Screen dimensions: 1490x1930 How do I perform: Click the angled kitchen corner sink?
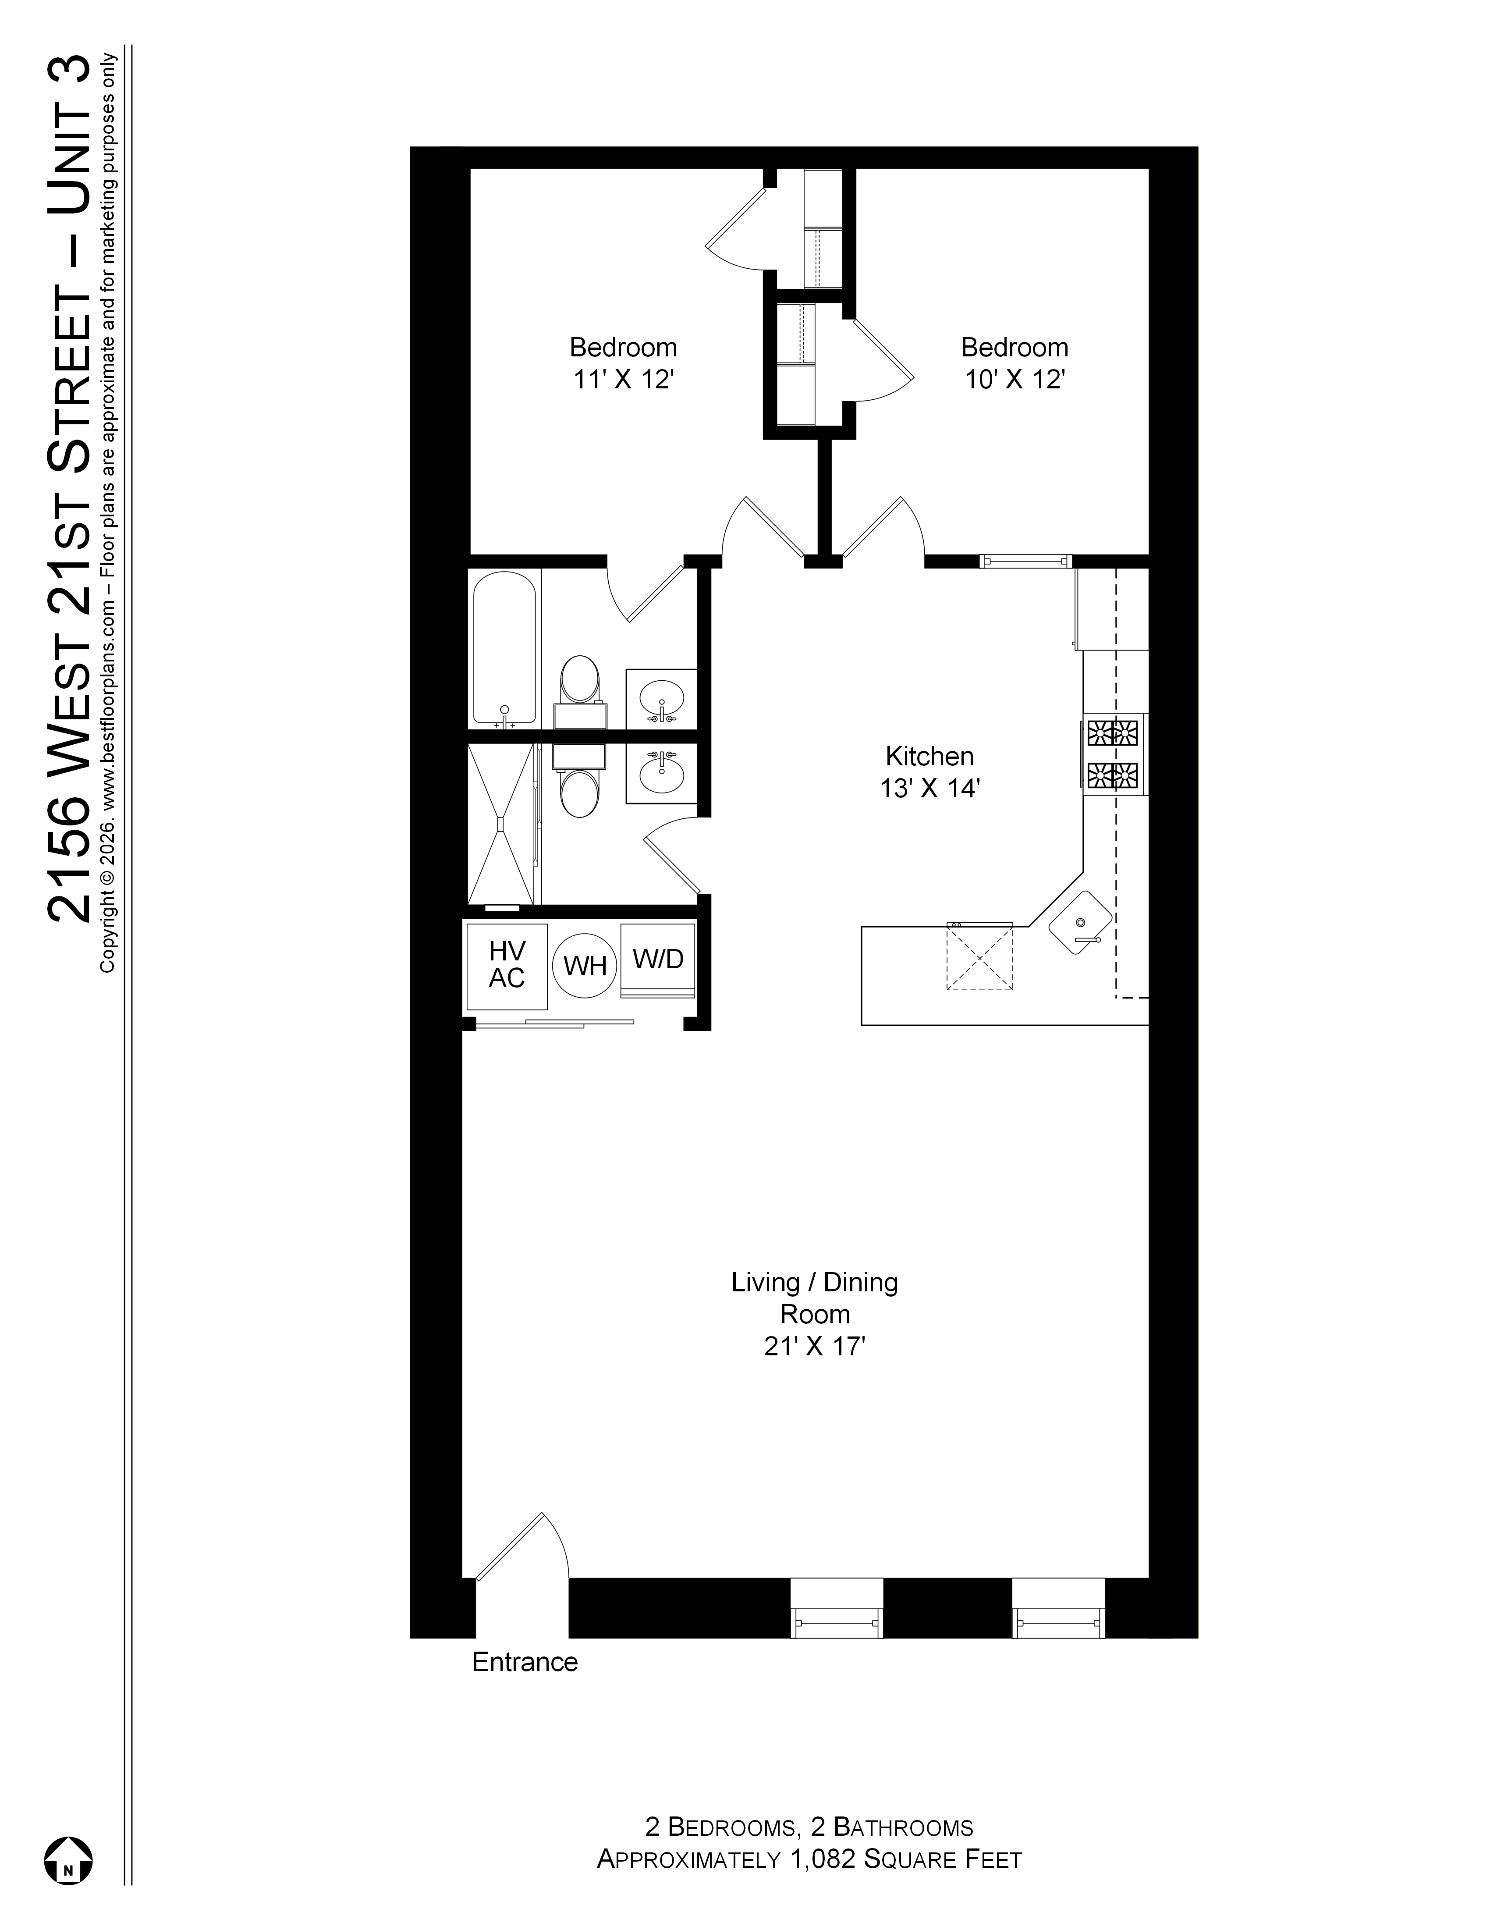point(1080,924)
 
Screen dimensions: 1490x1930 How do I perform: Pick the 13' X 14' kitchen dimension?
point(929,788)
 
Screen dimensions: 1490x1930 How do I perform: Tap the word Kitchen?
point(929,757)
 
